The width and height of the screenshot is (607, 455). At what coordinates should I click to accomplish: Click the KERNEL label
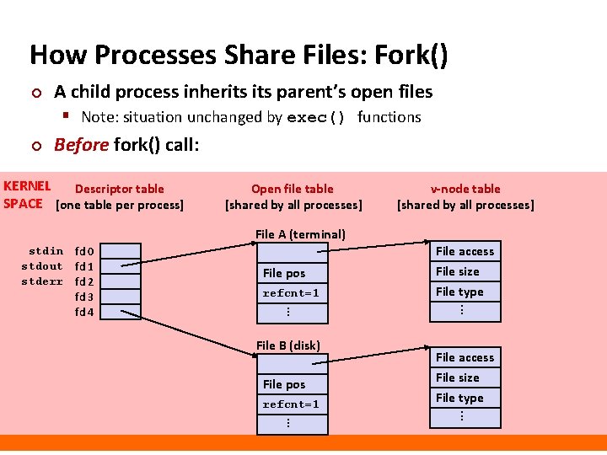[x=27, y=186]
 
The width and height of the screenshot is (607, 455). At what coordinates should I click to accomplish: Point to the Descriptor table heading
[x=120, y=189]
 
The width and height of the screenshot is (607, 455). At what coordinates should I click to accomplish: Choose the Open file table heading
[x=293, y=189]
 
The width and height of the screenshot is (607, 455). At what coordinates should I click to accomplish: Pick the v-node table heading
[x=465, y=189]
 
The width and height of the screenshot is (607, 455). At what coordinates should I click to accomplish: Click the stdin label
[x=46, y=251]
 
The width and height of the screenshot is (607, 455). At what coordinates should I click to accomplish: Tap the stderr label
[x=43, y=281]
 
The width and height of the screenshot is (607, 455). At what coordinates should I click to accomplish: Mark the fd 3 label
[x=84, y=297]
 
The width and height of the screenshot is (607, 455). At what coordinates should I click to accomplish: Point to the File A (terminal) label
[x=300, y=234]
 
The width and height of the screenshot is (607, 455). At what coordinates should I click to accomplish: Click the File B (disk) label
[x=287, y=345]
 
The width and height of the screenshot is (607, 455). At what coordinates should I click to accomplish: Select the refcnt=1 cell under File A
[x=292, y=293]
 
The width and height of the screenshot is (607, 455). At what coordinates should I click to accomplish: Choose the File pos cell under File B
[x=292, y=384]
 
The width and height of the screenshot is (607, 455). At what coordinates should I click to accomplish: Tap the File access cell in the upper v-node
[x=465, y=251]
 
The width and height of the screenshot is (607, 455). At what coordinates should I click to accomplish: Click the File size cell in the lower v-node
[x=465, y=377]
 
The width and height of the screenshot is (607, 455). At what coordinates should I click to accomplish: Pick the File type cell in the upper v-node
[x=465, y=292]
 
